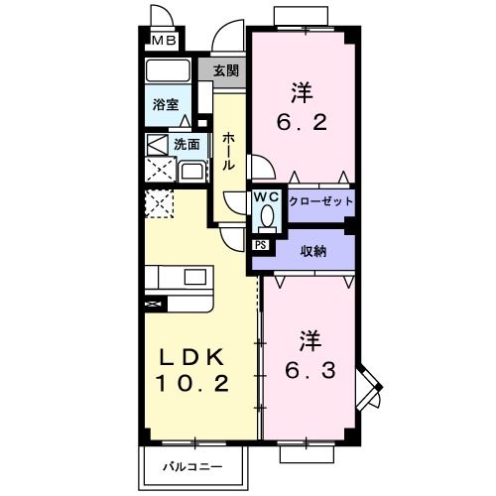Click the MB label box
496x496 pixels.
click(x=163, y=41)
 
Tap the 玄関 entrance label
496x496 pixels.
click(x=225, y=70)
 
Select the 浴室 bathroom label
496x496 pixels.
click(x=165, y=104)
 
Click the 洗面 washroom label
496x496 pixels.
click(x=186, y=144)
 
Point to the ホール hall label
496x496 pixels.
click(x=228, y=152)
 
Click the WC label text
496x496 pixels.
click(x=266, y=196)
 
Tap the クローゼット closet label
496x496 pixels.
click(x=320, y=200)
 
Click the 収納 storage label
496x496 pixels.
click(x=314, y=250)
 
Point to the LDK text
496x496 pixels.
click(x=193, y=358)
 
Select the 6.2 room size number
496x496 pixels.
click(x=302, y=126)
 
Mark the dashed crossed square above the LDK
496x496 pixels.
click(x=159, y=204)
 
